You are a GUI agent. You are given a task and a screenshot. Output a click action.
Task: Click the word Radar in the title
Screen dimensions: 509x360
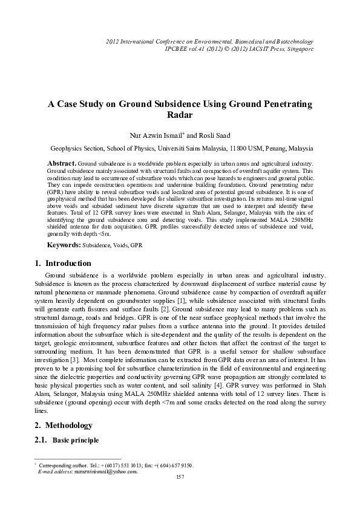(x=180, y=115)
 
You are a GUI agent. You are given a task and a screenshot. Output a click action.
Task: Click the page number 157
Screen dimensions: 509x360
(x=180, y=478)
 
